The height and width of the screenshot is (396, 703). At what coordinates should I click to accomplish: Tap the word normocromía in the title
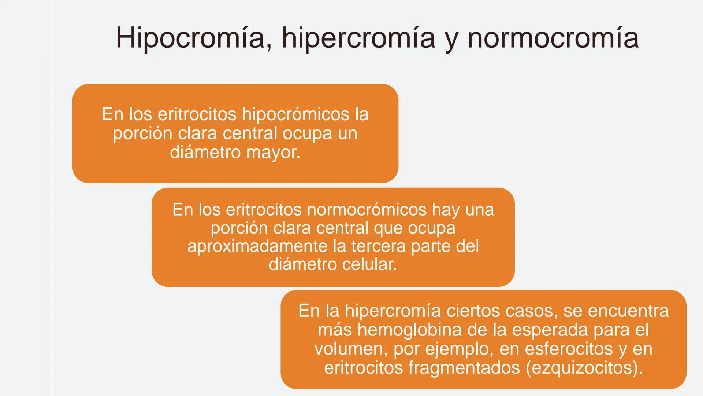click(x=553, y=38)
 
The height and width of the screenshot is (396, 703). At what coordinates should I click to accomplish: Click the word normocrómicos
click(x=367, y=210)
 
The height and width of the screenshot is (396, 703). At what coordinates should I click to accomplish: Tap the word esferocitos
click(x=569, y=349)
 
